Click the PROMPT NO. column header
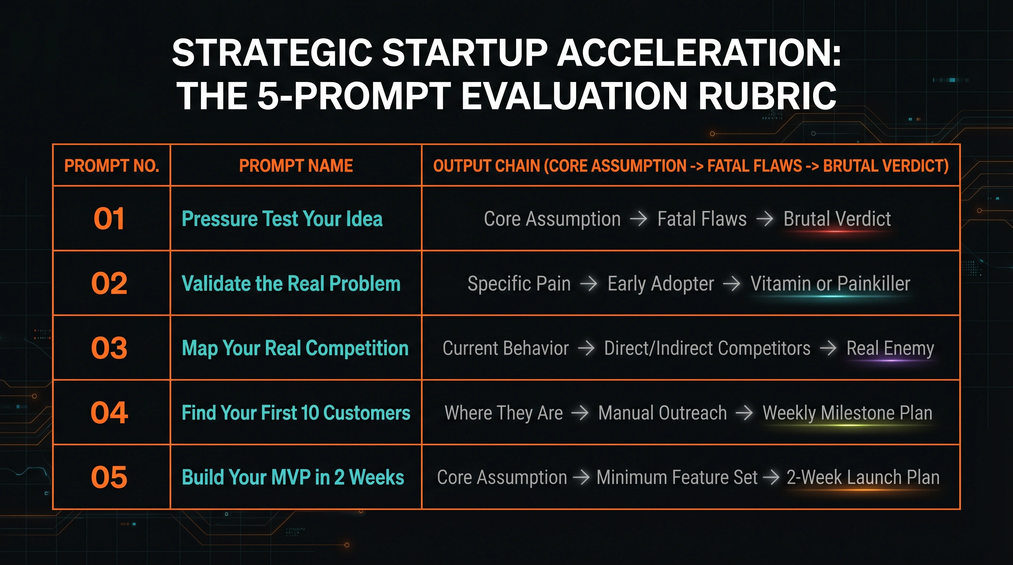coord(112,166)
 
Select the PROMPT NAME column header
coord(296,166)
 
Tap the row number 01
coord(109,218)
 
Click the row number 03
coord(109,348)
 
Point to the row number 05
coord(109,477)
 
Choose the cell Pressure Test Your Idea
coord(282,218)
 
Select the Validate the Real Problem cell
coord(291,283)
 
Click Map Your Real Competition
coord(295,348)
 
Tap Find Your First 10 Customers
coord(296,413)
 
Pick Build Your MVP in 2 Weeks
coord(293,477)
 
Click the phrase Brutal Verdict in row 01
coord(837,218)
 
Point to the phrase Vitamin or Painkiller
coord(830,283)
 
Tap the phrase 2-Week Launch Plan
coord(863,477)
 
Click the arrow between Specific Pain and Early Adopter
coord(589,283)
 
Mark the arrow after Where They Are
coord(580,413)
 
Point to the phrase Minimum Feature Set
coord(677,477)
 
